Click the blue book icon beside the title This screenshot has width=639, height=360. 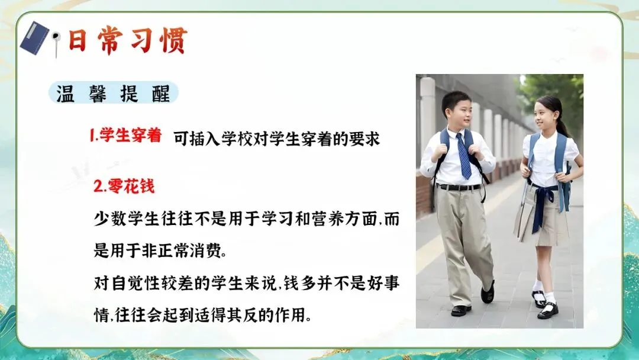pos(34,38)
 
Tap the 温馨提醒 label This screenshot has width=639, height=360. pos(113,94)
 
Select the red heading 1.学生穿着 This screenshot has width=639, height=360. pos(125,136)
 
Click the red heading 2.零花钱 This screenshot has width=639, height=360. pos(124,187)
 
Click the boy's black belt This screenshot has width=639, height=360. pos(459,187)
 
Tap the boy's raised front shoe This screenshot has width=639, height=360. pos(488,291)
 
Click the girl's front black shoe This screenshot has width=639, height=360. pos(548,311)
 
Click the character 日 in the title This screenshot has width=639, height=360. pos(78,40)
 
